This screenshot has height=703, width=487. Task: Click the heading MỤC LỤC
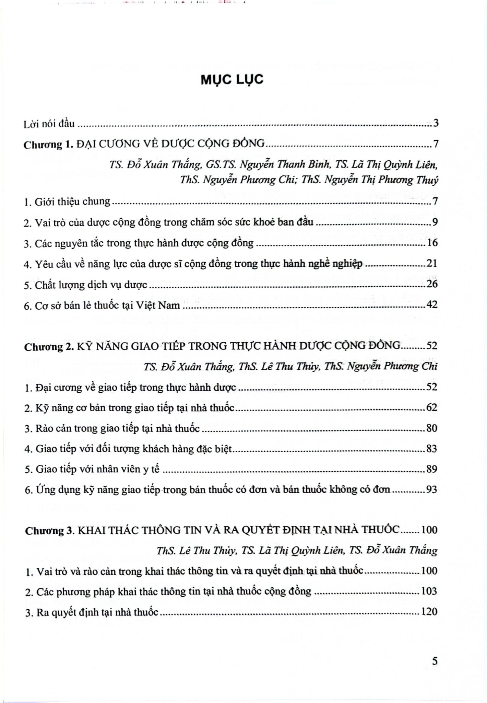point(232,80)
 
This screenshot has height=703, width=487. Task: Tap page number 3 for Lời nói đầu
point(436,123)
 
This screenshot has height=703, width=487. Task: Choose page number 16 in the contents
point(432,243)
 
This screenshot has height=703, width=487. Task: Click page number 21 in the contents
point(432,264)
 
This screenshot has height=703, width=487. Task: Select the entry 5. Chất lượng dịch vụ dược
point(86,285)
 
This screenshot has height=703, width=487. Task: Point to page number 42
point(431,304)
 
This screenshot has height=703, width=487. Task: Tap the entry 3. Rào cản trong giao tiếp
point(112,429)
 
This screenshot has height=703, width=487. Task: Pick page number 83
point(431,449)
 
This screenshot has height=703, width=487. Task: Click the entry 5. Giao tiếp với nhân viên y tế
point(92,469)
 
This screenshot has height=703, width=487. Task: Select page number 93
point(431,489)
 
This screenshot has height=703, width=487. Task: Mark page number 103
point(429,591)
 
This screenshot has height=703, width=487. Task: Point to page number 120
point(429,612)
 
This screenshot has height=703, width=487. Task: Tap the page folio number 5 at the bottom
point(435,661)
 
